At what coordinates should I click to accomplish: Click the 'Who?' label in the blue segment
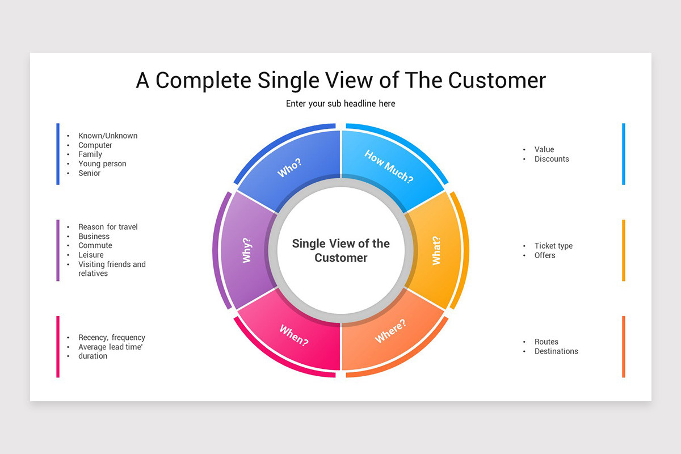pos(289,167)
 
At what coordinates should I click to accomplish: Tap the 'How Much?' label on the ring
pos(389,166)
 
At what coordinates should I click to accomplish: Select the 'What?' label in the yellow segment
pos(436,251)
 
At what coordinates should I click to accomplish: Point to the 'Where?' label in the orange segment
pos(390,331)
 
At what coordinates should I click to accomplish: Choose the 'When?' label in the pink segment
pos(294,335)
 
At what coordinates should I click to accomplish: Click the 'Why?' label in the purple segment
pos(246,250)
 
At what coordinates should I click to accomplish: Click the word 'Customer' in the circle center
pos(341,258)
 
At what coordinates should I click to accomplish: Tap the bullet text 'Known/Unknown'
pos(108,136)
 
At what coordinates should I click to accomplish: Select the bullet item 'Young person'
pos(102,164)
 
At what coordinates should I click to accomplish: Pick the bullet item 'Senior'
pos(90,173)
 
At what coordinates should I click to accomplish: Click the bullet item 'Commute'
pos(95,245)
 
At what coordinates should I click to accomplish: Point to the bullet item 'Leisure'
pos(91,255)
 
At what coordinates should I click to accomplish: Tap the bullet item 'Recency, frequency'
pos(112,338)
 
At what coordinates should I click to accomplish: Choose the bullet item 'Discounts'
pos(552,159)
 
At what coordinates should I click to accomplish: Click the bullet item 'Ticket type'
pos(553,246)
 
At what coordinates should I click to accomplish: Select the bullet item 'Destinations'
pos(556,351)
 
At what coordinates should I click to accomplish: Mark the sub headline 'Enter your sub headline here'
pos(340,104)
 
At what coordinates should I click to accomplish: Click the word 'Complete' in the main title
pos(203,81)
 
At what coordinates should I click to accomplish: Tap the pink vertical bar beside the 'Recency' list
pos(58,347)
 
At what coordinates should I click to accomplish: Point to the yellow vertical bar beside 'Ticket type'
pos(624,250)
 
